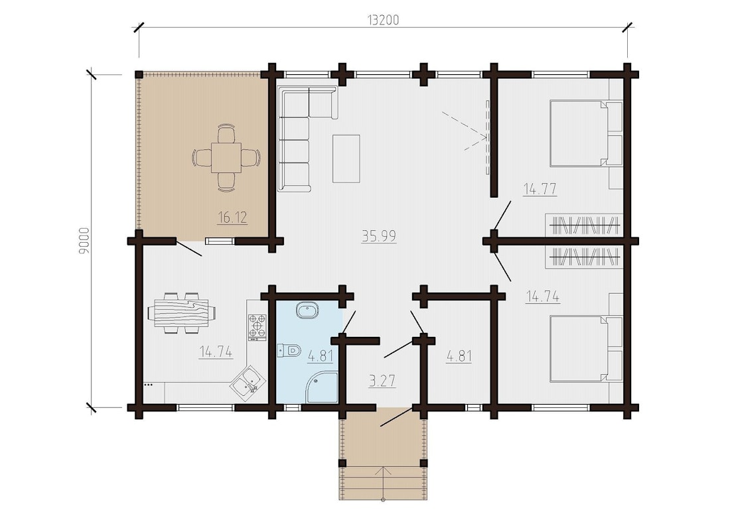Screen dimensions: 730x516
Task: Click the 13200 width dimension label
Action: click(x=383, y=20)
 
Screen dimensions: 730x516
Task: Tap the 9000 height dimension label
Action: click(x=84, y=241)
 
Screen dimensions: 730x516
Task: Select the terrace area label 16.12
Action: click(x=232, y=217)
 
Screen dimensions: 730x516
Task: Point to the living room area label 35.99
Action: click(x=378, y=236)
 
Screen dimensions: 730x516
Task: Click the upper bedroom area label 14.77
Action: click(x=540, y=189)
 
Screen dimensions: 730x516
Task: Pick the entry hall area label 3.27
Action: click(x=382, y=381)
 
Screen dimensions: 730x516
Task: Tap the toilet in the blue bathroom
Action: click(x=289, y=350)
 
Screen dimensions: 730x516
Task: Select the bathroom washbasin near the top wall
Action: click(x=307, y=310)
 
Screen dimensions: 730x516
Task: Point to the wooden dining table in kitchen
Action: click(x=182, y=312)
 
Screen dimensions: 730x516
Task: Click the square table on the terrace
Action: click(x=226, y=157)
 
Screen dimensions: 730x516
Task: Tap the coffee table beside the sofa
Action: click(x=346, y=159)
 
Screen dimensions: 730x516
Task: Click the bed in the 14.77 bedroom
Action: click(x=586, y=133)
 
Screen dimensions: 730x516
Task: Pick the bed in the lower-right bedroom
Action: click(x=586, y=349)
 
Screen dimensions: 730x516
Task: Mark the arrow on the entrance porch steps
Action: click(x=383, y=483)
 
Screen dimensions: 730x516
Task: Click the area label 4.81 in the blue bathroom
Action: click(x=321, y=356)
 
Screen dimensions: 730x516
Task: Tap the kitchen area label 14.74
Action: click(x=216, y=352)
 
